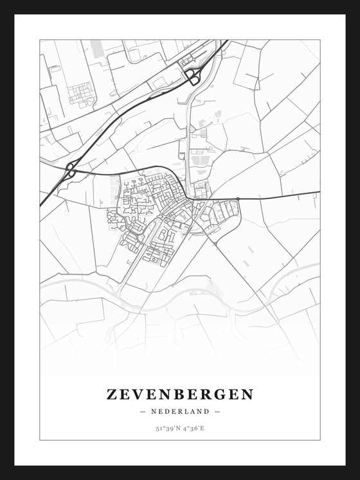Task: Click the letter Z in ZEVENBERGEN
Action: click(x=113, y=394)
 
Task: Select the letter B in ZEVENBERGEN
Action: click(x=187, y=394)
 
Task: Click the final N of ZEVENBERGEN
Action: click(x=248, y=394)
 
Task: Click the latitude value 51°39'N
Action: click(x=167, y=427)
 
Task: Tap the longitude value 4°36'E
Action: click(x=194, y=427)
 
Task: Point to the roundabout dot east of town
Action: click(x=238, y=199)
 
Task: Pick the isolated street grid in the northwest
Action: click(x=81, y=94)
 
